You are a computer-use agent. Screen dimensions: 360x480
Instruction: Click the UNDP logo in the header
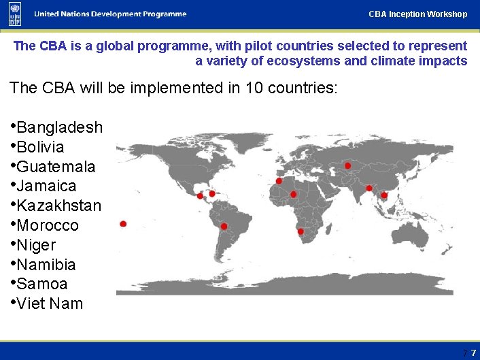point(15,14)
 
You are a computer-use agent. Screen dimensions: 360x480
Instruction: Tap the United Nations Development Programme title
point(110,14)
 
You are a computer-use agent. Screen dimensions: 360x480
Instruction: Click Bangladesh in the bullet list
point(59,127)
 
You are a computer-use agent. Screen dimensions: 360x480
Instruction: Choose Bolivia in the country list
point(40,147)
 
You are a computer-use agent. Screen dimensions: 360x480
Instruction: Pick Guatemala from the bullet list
point(56,167)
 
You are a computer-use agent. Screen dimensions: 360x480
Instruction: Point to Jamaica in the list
point(46,186)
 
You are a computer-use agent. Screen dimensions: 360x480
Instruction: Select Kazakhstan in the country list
point(58,206)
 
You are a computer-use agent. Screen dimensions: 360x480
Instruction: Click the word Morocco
point(48,225)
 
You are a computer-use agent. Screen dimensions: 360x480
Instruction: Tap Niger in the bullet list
point(36,245)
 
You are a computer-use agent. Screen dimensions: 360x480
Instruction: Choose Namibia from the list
point(46,265)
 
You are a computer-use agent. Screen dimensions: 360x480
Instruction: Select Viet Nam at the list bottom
point(50,304)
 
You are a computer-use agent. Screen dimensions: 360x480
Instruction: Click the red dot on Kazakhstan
point(348,165)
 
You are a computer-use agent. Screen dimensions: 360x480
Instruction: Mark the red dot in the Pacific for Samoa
point(123,224)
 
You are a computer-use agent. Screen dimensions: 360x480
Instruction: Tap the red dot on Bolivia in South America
point(224,226)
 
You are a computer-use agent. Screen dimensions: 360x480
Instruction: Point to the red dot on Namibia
point(301,231)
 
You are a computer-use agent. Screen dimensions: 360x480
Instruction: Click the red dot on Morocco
point(279,181)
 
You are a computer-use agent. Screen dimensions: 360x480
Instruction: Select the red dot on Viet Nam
point(384,195)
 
